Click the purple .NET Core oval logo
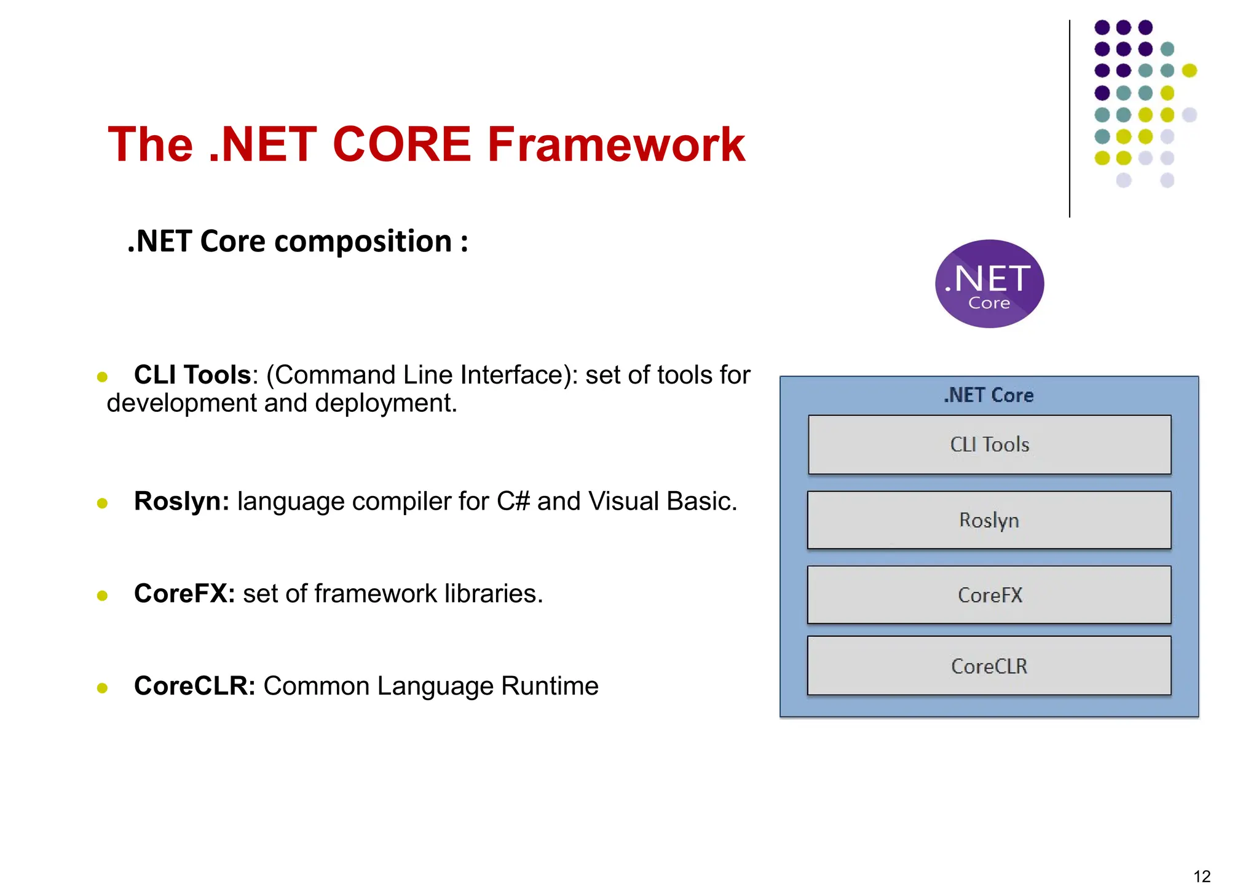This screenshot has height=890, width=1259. coord(989,284)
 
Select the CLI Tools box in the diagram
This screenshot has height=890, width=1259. coord(989,444)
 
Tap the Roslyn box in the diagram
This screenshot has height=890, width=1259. coord(989,520)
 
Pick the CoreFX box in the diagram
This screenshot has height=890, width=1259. coord(989,595)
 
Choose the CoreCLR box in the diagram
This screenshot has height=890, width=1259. coord(989,666)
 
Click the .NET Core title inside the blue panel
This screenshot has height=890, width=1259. coord(989,395)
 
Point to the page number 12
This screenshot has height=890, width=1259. coord(1201,876)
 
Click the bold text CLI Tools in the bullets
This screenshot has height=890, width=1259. coord(192,375)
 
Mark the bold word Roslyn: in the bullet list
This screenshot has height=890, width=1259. coord(181,502)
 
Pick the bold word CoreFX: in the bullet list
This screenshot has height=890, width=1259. coord(184,594)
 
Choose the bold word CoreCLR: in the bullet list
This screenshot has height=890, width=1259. coord(194,686)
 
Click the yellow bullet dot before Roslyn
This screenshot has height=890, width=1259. coord(103,503)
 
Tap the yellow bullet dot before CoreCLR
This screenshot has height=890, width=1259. coord(103,688)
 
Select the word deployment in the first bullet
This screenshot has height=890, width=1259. coord(385,404)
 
